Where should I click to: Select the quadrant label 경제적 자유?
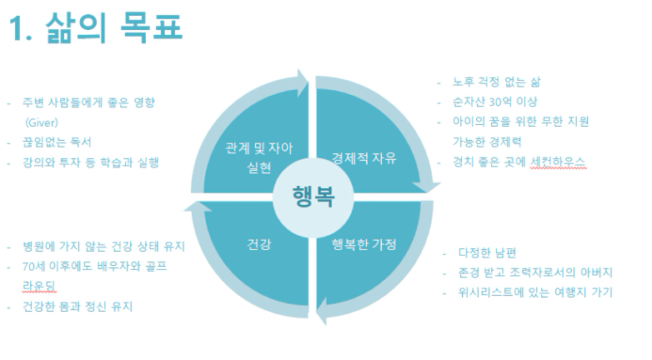tap(364, 157)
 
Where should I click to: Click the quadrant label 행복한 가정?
tap(364, 244)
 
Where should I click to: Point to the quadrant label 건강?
tap(259, 244)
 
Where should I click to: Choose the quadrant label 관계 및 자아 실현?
tap(259, 157)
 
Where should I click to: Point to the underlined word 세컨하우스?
tap(558, 162)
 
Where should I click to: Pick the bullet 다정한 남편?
tap(487, 252)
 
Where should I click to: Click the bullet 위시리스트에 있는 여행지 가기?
tap(534, 292)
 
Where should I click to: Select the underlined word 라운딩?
tap(40, 287)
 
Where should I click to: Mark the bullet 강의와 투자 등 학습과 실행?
tap(90, 162)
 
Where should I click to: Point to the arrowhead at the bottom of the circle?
tap(325, 312)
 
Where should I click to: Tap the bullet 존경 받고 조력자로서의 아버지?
tap(536, 272)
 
